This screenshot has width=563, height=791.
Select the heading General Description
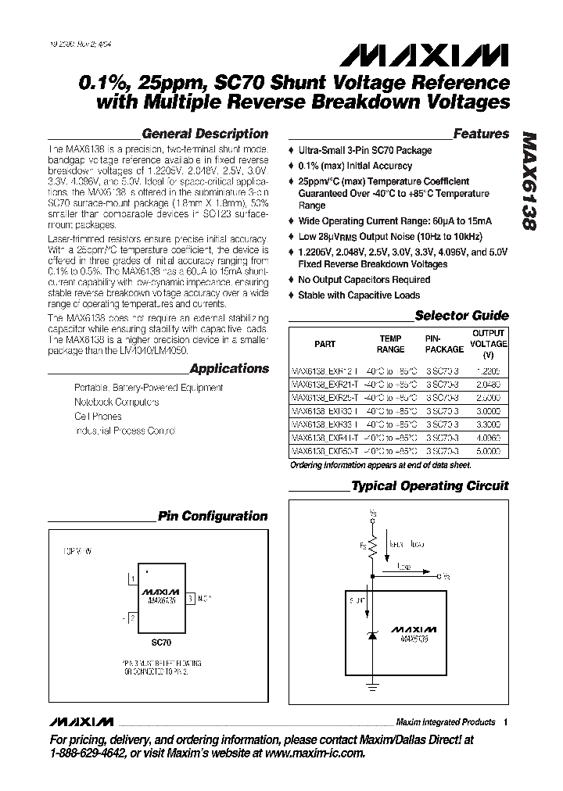(x=206, y=134)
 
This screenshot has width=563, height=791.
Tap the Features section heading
(x=481, y=134)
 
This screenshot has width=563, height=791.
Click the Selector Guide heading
(x=461, y=316)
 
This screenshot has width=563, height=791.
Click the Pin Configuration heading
(x=213, y=516)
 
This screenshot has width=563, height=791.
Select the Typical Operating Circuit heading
(x=430, y=485)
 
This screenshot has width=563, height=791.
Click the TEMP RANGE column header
(x=391, y=344)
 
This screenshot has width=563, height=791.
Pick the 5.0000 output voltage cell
(x=489, y=451)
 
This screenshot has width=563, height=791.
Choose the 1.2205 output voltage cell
(x=489, y=371)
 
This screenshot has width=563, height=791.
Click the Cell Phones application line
(x=98, y=417)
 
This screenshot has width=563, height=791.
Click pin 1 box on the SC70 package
(x=134, y=579)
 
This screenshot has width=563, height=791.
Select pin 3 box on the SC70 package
(x=189, y=598)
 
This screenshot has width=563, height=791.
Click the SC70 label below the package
(x=161, y=642)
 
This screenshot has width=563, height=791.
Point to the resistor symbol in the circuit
(x=373, y=543)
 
